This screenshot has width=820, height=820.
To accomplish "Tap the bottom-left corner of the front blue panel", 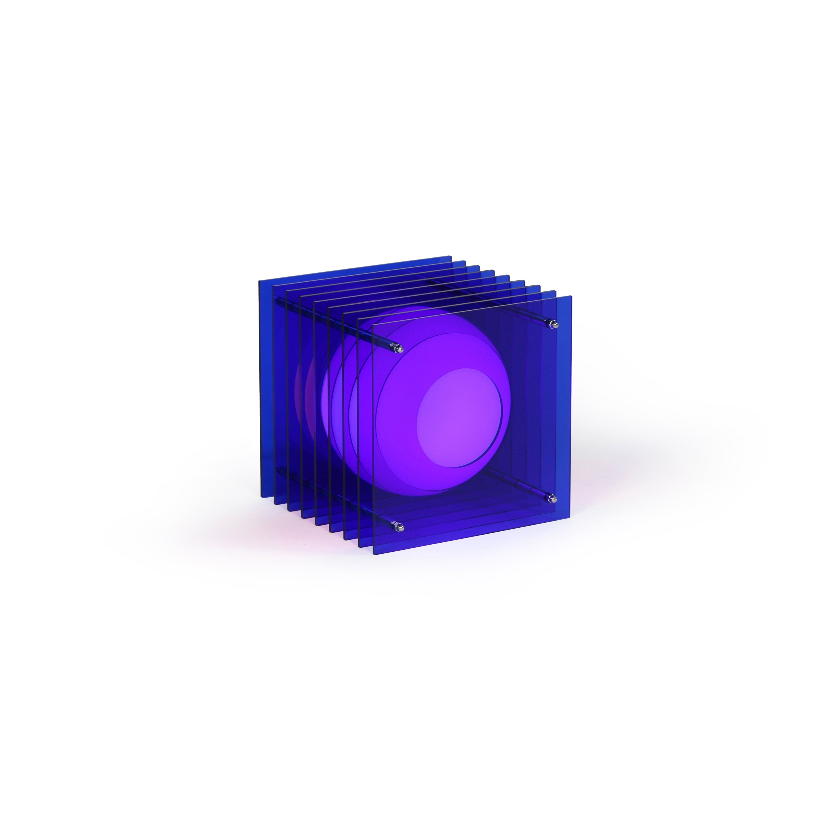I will click(374, 554).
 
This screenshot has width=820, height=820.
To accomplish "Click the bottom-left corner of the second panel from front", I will click(359, 546).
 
